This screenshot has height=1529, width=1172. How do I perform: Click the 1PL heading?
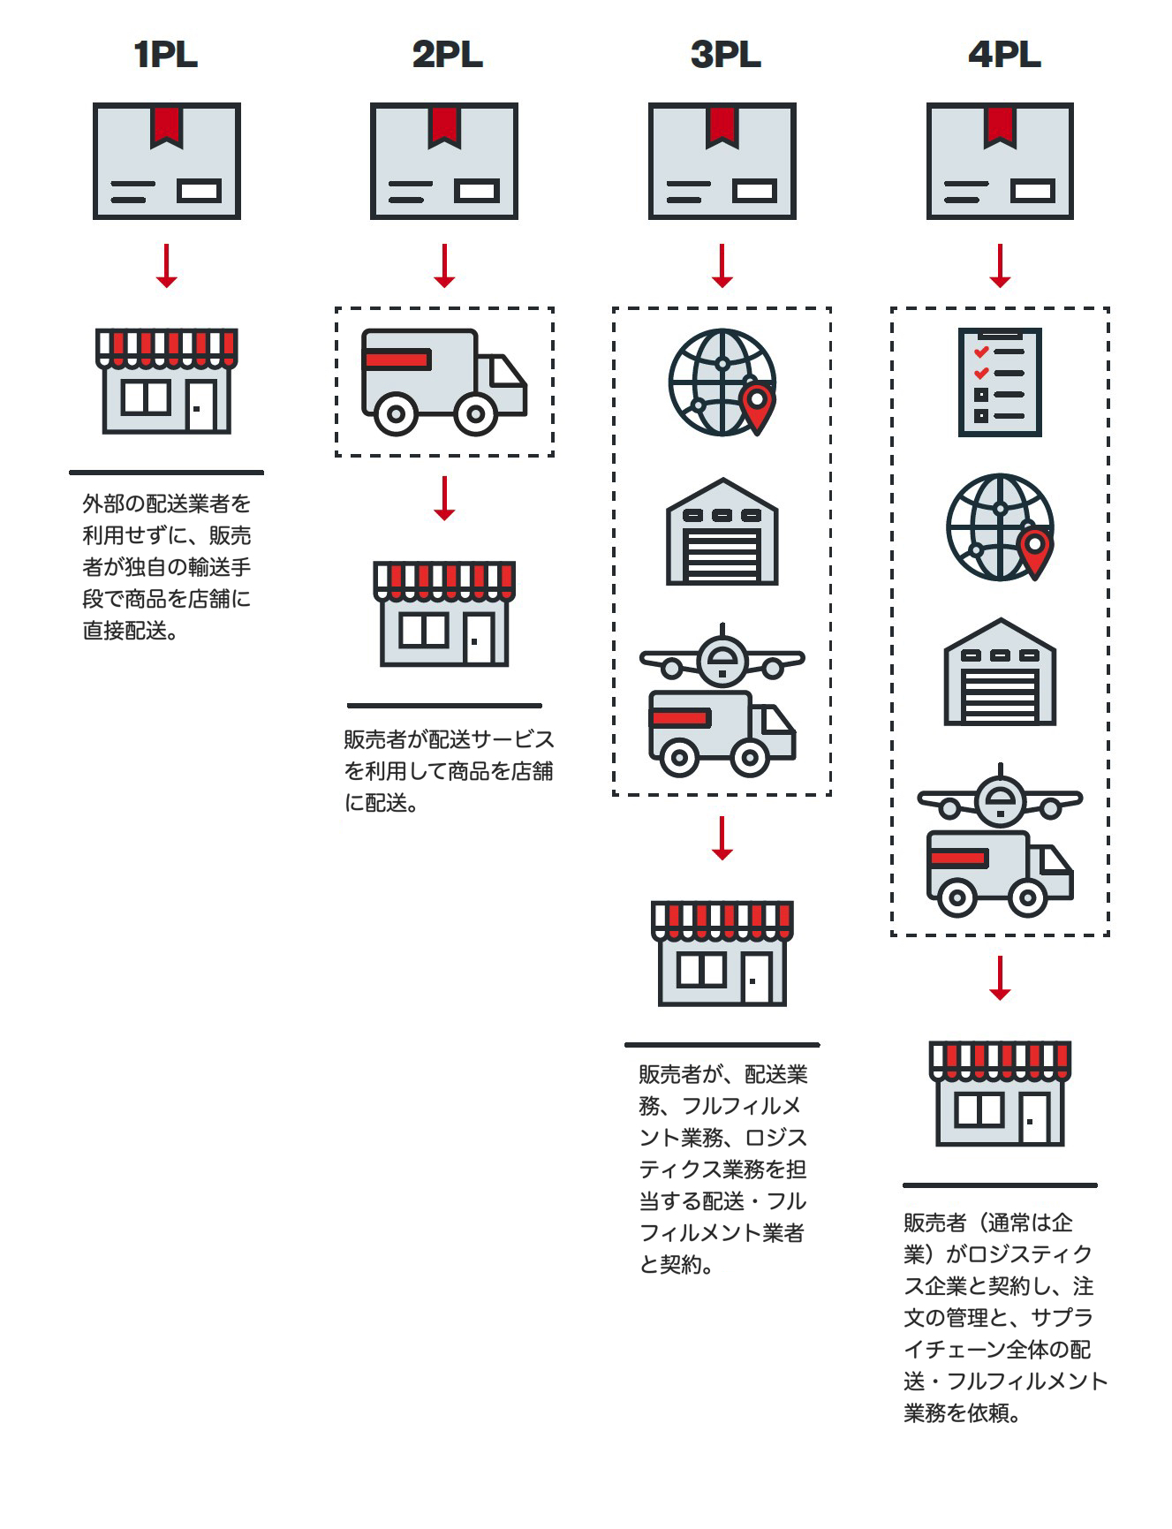[166, 55]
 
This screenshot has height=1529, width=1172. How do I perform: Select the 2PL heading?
[447, 55]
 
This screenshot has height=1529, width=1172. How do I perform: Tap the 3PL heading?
[725, 55]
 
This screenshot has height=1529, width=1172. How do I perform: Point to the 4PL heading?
[1004, 55]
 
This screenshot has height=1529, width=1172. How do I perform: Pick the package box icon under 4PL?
[1000, 161]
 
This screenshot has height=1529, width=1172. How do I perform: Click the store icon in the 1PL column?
[166, 381]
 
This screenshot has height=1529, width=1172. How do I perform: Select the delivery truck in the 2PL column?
[443, 382]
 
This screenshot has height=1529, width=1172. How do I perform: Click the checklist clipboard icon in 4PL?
[1000, 382]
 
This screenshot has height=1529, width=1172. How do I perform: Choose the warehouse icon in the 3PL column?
[722, 533]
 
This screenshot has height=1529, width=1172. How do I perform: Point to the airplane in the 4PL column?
[1000, 799]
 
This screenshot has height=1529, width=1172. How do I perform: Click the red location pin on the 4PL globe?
[1034, 552]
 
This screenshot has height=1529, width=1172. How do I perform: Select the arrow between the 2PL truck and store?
[444, 499]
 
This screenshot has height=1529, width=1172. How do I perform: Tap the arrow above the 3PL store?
[722, 838]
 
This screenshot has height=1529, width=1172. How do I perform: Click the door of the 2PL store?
[480, 638]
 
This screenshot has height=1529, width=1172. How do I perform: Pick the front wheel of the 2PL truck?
[476, 413]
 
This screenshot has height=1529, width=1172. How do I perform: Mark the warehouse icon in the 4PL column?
[1000, 673]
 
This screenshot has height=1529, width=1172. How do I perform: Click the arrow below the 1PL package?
[167, 266]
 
